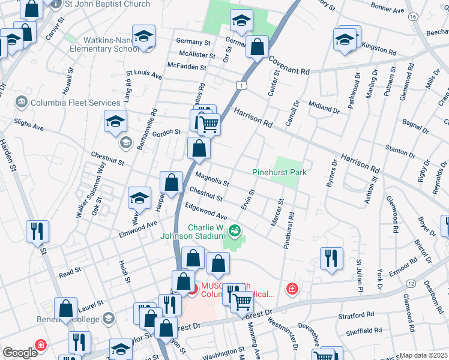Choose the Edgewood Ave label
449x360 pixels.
[206, 211]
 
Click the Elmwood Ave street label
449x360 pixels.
[138, 228]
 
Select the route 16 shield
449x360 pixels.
[412, 17]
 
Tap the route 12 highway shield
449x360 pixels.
[411, 283]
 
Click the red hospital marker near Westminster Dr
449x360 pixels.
[292, 289]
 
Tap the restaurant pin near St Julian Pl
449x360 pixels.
[331, 258]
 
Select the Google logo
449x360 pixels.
[20, 353]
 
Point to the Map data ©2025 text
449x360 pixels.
[423, 355]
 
